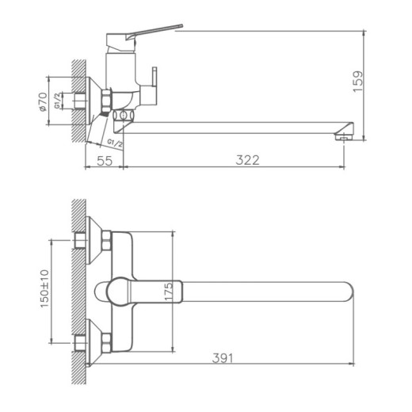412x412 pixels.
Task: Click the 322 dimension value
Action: [249, 160]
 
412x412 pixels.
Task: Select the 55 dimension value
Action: [104, 160]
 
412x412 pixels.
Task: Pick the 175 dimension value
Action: [167, 291]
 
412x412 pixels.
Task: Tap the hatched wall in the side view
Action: [77, 99]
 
